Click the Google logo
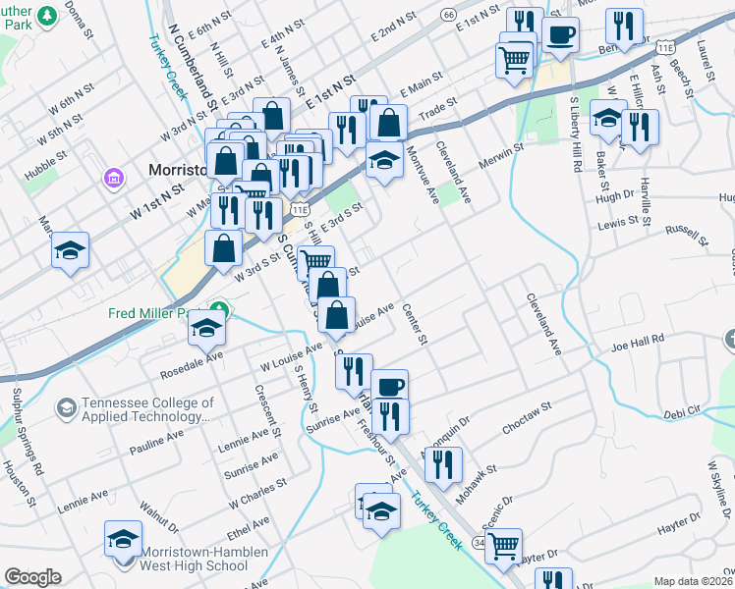(32, 577)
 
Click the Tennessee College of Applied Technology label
(147, 409)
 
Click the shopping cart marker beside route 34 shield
(503, 545)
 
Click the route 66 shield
(448, 14)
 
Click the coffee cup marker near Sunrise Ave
(390, 385)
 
